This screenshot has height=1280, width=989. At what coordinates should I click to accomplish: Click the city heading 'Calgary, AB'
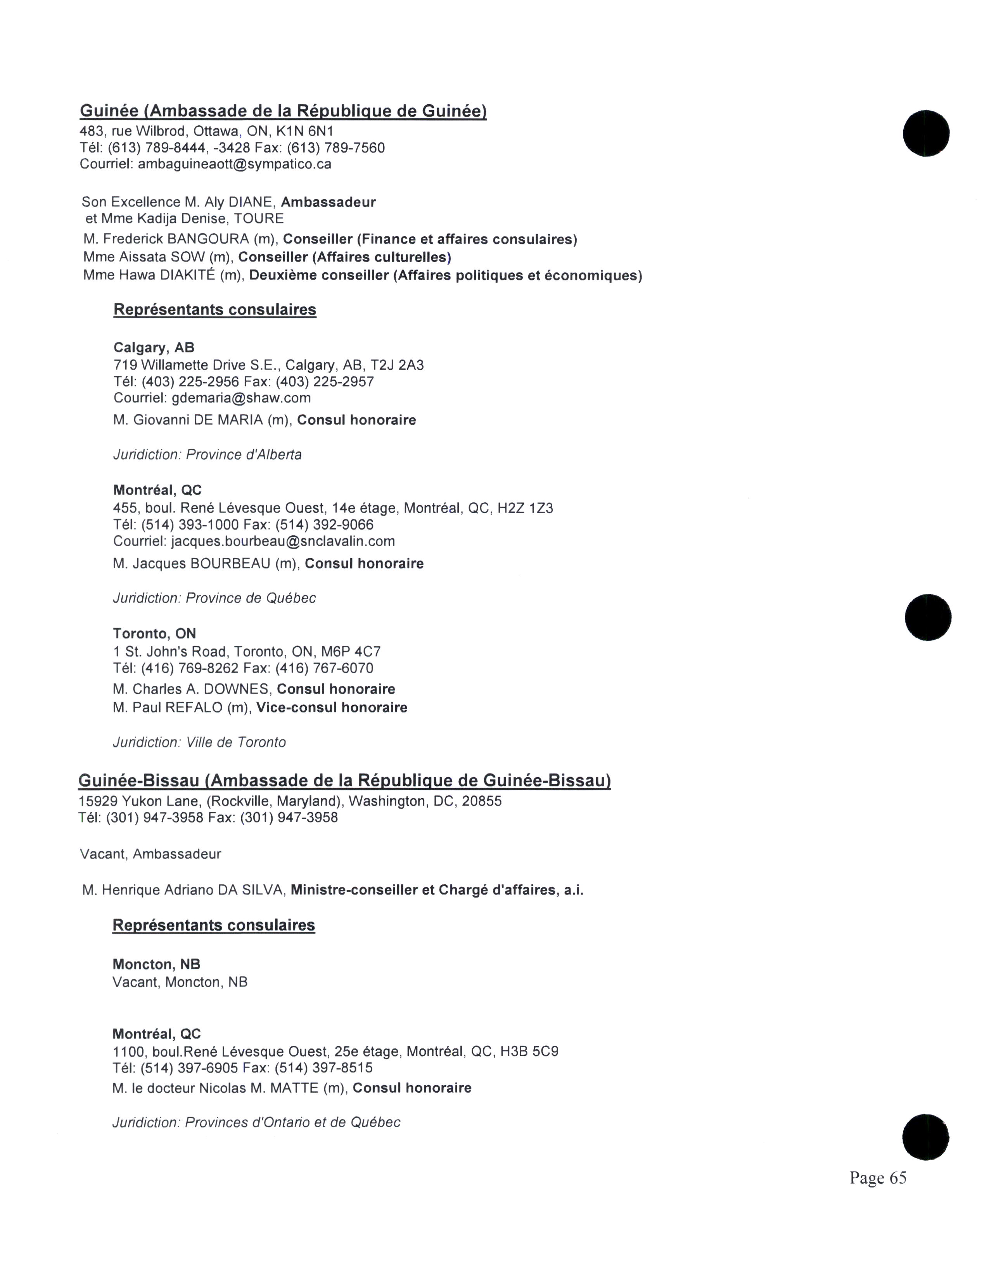pyautogui.click(x=154, y=348)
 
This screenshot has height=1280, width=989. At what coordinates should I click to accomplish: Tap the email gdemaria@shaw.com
pyautogui.click(x=241, y=398)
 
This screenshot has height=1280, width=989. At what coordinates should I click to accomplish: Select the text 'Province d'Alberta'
pyautogui.click(x=244, y=455)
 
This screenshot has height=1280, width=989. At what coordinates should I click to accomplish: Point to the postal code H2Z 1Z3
pyautogui.click(x=525, y=508)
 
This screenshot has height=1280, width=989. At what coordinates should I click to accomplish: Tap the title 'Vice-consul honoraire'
pyautogui.click(x=332, y=707)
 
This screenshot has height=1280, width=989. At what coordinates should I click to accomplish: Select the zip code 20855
pyautogui.click(x=482, y=801)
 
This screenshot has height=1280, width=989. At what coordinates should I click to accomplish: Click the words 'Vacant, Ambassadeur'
pyautogui.click(x=150, y=854)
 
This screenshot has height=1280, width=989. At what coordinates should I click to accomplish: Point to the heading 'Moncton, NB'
pyautogui.click(x=156, y=964)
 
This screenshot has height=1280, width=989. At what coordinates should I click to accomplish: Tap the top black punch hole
pyautogui.click(x=926, y=133)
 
